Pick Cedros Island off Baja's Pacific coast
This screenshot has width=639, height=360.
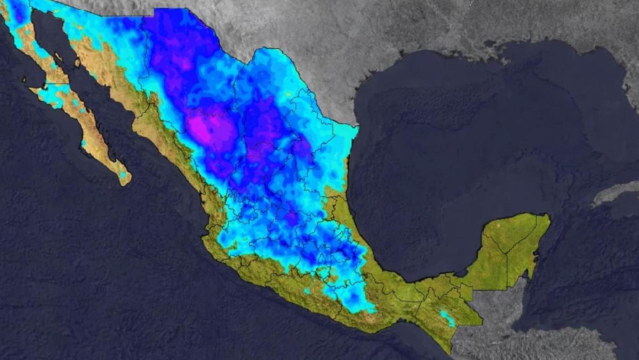(x=24, y=81)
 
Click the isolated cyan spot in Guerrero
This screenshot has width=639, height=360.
(x=307, y=291)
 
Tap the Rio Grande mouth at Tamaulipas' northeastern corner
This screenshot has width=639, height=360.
(x=355, y=126)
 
